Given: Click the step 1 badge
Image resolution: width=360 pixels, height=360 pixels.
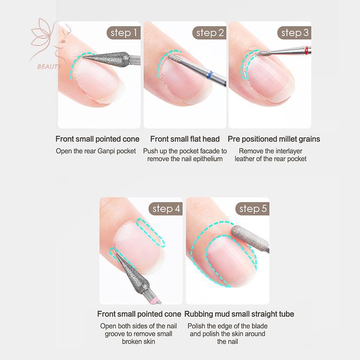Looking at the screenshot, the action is click(123, 33).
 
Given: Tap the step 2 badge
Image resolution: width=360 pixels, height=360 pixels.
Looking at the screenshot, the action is click(209, 33).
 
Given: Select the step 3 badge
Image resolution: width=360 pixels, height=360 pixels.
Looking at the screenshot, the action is click(295, 33).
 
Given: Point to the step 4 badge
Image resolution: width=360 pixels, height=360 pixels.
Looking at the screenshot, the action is click(166, 209).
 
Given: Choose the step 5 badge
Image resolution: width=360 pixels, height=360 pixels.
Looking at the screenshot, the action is click(252, 209).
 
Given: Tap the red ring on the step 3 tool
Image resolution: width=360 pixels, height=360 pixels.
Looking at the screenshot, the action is click(306, 50).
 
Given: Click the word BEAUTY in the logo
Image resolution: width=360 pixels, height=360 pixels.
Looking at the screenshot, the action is click(49, 67).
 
